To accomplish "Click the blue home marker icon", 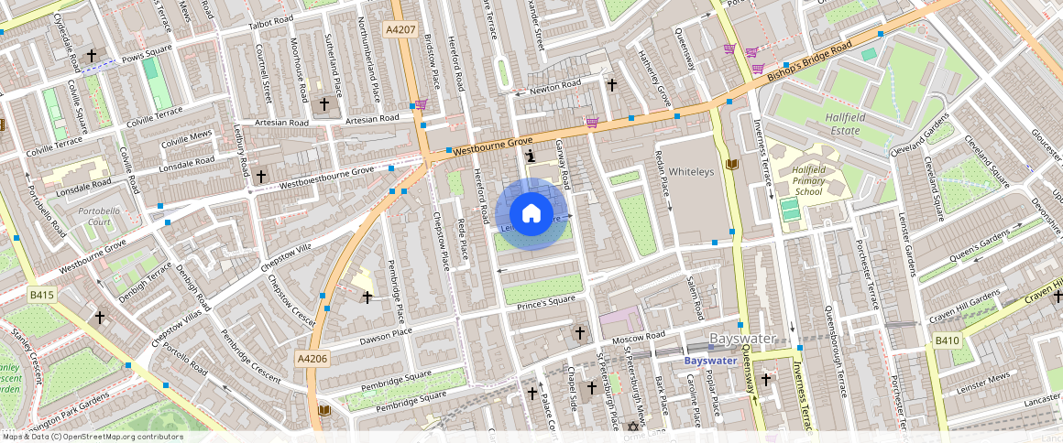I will coord(531,214).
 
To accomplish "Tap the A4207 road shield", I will coord(401,29).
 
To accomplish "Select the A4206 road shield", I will coord(312,359).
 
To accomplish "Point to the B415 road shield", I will coord(41,295).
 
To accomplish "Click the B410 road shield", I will coord(947,341).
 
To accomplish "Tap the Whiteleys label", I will coord(690,172).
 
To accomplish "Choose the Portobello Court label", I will coord(100,216).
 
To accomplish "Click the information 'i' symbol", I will coord(530,157).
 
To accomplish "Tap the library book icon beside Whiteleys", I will coord(731,165).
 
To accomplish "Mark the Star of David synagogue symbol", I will coord(631,427).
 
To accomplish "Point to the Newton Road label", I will coord(555,85).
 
